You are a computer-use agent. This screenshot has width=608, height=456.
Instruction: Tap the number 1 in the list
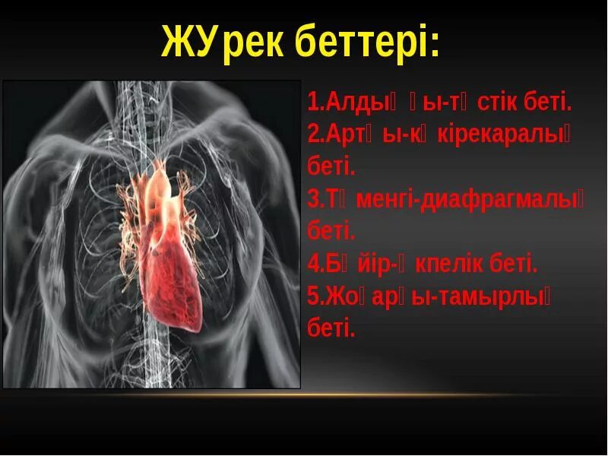coord(312,102)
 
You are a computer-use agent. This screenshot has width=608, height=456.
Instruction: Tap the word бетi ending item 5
coord(331,329)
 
